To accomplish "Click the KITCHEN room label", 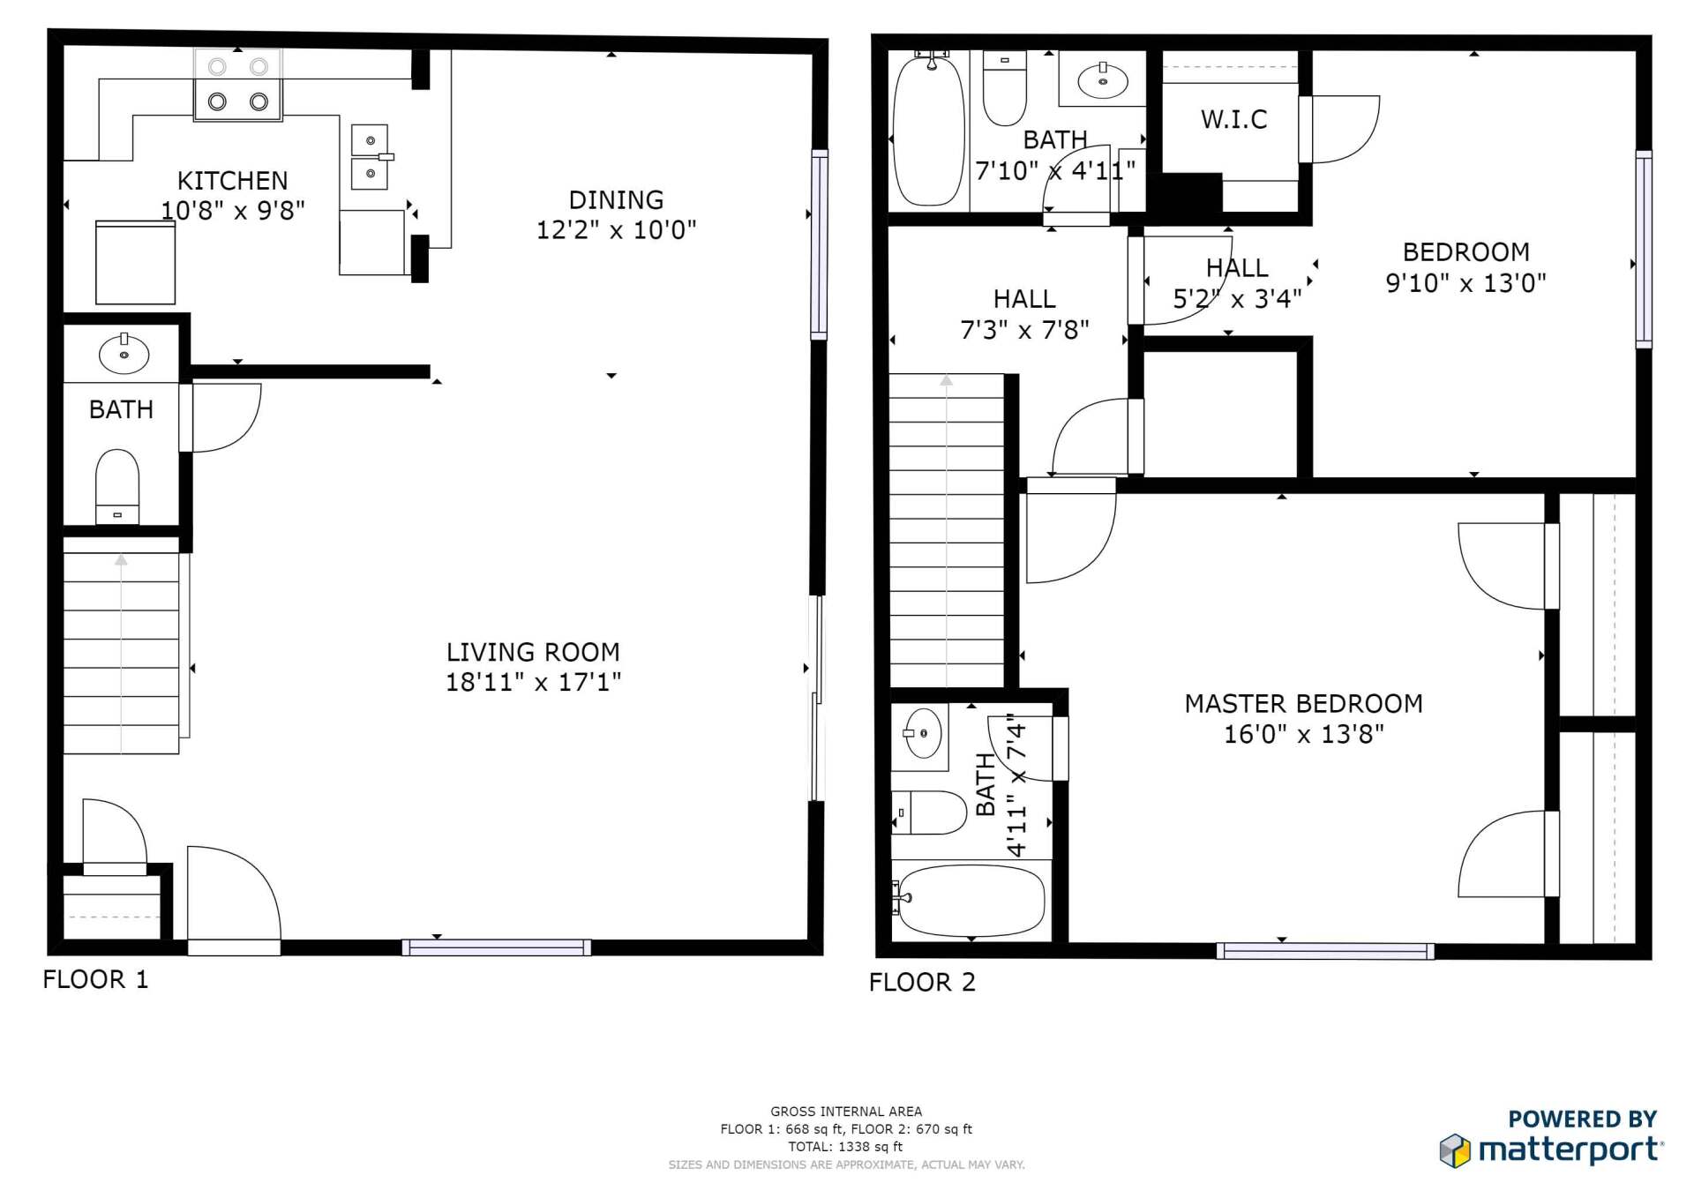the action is click(232, 181).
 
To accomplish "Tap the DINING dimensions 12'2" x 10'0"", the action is click(616, 230).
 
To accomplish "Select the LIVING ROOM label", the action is click(533, 652).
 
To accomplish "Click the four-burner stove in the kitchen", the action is click(238, 85).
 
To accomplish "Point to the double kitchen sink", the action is click(370, 157).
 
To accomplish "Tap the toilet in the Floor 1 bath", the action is click(117, 486).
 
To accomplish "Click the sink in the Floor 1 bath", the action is click(124, 355).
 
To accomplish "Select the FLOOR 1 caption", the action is click(95, 979).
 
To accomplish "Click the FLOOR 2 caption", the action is click(922, 982).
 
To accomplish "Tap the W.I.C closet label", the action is click(1233, 119).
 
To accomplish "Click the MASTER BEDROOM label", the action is click(1303, 704).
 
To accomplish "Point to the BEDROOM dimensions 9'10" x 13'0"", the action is click(1465, 283).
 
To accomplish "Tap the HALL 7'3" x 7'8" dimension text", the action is click(1024, 330).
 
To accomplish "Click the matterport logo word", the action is click(1569, 1150).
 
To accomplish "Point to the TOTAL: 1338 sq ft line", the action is click(845, 1147).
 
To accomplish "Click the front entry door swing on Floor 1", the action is click(231, 895).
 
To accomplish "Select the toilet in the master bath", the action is click(933, 812).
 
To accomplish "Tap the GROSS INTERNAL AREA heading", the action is click(845, 1112).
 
